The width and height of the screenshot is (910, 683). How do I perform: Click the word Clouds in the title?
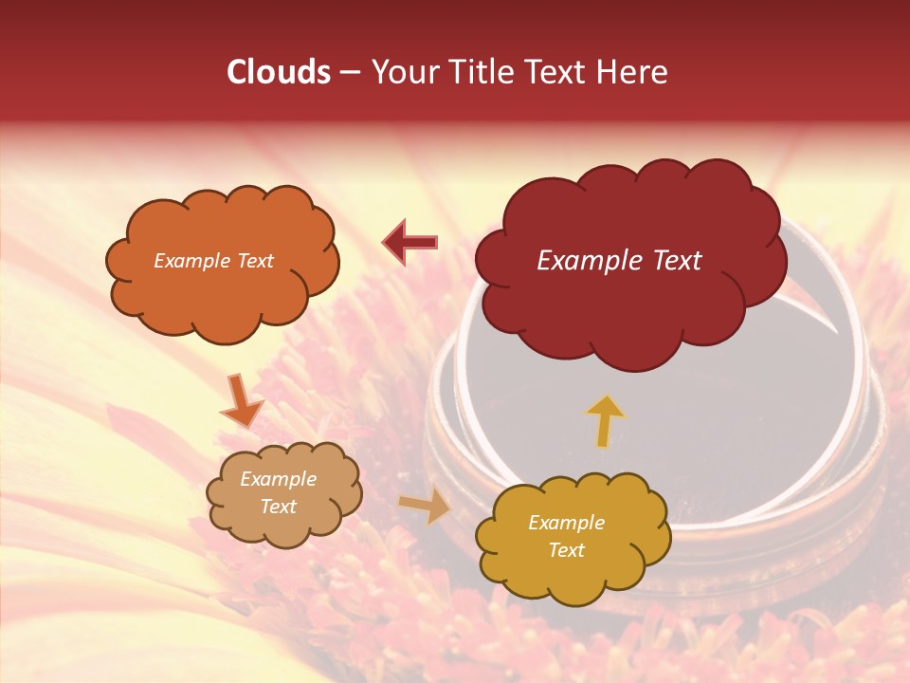[278, 72]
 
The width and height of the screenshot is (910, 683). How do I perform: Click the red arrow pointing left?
[410, 243]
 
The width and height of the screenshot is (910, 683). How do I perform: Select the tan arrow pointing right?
[426, 507]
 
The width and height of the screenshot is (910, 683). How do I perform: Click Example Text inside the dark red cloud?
[619, 261]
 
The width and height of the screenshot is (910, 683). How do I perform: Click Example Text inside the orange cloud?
[213, 261]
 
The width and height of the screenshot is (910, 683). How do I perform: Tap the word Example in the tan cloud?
[278, 479]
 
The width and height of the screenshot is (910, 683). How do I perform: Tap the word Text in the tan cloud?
[278, 507]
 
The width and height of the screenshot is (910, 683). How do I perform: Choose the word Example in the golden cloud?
[566, 523]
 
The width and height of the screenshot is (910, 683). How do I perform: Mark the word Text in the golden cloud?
[566, 550]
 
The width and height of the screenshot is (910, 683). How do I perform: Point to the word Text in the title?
[554, 72]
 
